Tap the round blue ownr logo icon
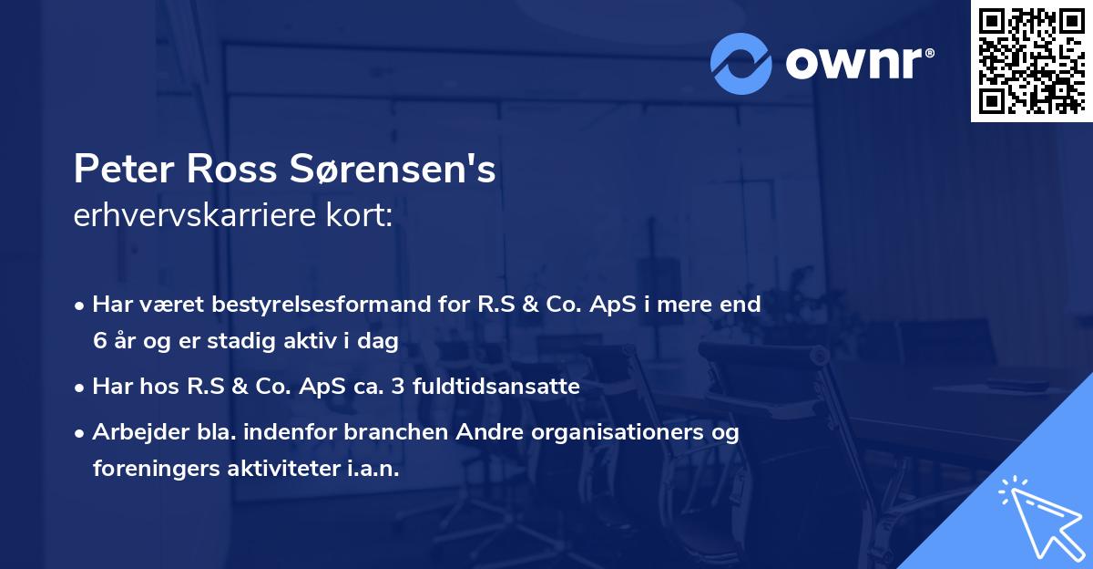click(x=741, y=63)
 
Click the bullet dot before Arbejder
click(x=81, y=433)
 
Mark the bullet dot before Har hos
click(x=81, y=387)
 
